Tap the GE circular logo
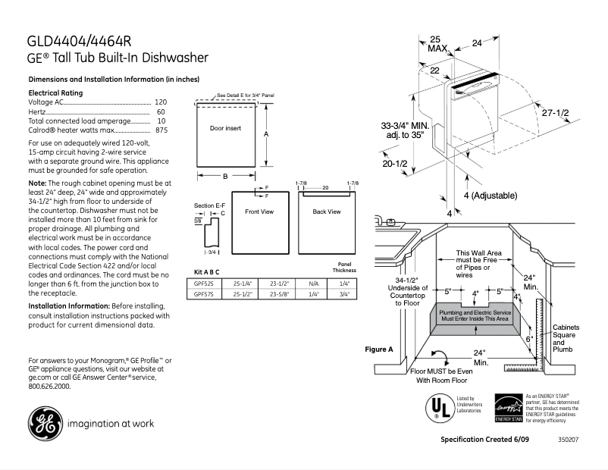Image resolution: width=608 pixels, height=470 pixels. pyautogui.click(x=45, y=423)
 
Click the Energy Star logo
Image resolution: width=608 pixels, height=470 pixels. pyautogui.click(x=508, y=408)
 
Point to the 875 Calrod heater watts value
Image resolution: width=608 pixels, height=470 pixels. pyautogui.click(x=161, y=130)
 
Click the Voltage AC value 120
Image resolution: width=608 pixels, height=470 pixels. pyautogui.click(x=161, y=102)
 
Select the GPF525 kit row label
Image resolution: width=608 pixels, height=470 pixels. pyautogui.click(x=203, y=281)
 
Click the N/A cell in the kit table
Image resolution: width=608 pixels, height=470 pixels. pyautogui.click(x=314, y=281)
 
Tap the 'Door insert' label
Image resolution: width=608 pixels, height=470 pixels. pyautogui.click(x=225, y=128)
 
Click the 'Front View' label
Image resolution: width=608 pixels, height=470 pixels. pyautogui.click(x=259, y=211)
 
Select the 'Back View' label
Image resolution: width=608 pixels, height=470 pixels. pyautogui.click(x=326, y=211)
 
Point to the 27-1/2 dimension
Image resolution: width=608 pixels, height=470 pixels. pyautogui.click(x=555, y=112)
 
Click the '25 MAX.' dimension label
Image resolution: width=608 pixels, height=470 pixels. pyautogui.click(x=437, y=43)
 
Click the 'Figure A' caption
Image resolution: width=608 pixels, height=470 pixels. pyautogui.click(x=379, y=349)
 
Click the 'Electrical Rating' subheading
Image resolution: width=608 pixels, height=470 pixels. pyautogui.click(x=55, y=92)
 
